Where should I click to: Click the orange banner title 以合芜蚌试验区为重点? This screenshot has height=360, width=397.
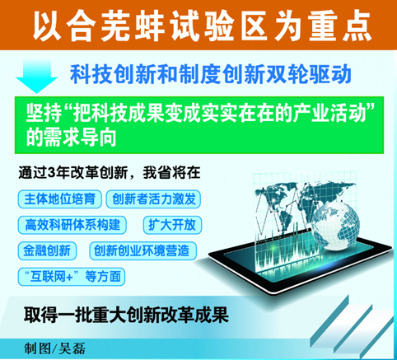[x=203, y=26]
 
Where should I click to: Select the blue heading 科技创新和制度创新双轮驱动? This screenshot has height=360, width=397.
[x=211, y=74]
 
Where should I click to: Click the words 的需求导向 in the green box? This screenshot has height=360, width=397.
[x=71, y=137]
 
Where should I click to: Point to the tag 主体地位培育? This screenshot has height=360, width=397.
[x=60, y=199]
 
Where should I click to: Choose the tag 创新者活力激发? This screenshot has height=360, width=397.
[x=153, y=199]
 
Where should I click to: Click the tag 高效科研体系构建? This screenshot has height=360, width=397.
[x=72, y=225]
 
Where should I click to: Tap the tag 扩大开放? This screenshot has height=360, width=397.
[x=172, y=225]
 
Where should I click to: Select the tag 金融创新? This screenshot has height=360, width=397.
[x=47, y=250]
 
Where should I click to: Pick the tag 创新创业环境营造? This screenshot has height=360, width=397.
[x=142, y=250]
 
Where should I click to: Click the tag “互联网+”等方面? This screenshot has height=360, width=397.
[x=72, y=277]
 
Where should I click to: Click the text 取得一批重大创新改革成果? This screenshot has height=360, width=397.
[x=126, y=315]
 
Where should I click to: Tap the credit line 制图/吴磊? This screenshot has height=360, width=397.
[x=55, y=348]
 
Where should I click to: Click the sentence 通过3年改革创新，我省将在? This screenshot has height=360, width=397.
[x=110, y=173]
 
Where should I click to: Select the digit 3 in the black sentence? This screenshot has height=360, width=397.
[x=51, y=173]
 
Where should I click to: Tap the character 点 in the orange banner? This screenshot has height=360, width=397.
[x=356, y=26]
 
